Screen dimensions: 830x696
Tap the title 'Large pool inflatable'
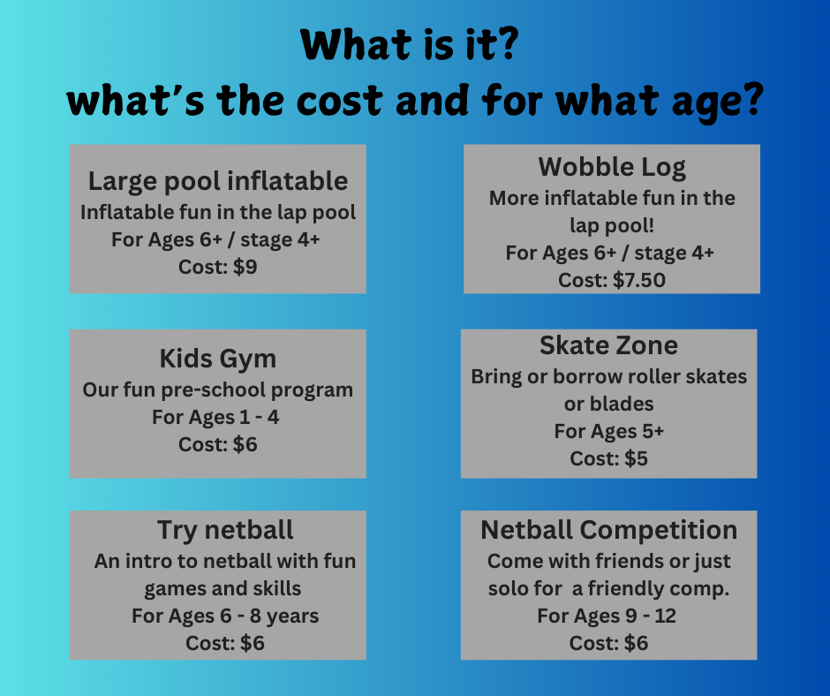click(x=218, y=181)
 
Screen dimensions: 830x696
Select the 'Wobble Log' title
click(x=612, y=168)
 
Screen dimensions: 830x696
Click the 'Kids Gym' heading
click(x=218, y=359)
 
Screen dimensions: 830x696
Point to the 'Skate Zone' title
click(x=608, y=345)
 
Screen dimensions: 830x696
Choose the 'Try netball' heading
click(x=225, y=530)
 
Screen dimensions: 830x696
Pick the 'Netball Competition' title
click(x=608, y=530)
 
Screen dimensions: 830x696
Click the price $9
click(x=245, y=267)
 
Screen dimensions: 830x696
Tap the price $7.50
click(x=639, y=280)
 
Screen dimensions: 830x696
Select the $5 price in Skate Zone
click(x=636, y=458)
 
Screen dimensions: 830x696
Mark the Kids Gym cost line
click(x=218, y=444)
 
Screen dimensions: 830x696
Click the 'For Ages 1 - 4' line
click(x=215, y=418)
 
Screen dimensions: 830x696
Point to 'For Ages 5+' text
click(x=608, y=432)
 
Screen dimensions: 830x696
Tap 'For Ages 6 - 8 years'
click(x=225, y=616)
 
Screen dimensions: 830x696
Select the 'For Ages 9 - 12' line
click(x=607, y=616)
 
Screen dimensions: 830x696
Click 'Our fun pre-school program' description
click(x=218, y=390)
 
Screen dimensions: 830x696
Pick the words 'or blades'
click(x=608, y=405)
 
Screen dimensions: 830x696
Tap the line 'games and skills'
click(x=223, y=588)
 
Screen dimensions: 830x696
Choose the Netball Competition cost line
click(x=608, y=643)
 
